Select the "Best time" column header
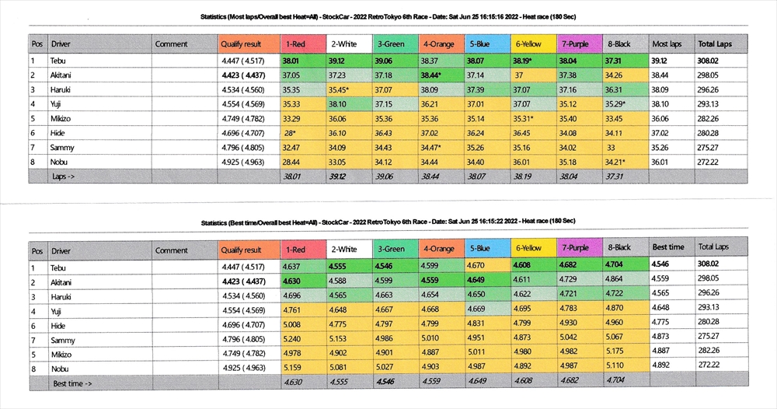(668, 247)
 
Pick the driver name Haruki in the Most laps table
(63, 89)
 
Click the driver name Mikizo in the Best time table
(64, 354)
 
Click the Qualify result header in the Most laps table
(242, 44)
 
